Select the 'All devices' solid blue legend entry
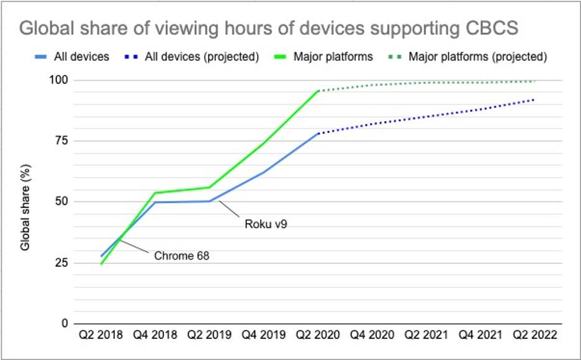click(81, 56)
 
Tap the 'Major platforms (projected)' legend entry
click(477, 56)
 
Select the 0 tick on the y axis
click(65, 323)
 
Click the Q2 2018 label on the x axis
click(101, 335)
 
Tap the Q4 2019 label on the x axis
click(263, 335)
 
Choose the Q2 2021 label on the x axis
click(426, 335)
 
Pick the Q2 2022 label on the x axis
click(534, 335)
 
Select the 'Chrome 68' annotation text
click(182, 255)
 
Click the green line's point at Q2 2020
click(318, 91)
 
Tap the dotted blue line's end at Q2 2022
click(534, 99)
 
